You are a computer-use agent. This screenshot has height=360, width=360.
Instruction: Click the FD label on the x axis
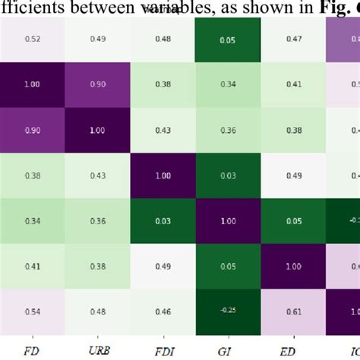point(32,352)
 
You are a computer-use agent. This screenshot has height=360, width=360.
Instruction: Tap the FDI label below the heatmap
point(162,352)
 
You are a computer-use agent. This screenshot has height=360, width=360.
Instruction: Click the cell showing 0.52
point(32,38)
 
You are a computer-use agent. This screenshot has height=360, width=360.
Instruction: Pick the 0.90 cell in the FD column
point(32,130)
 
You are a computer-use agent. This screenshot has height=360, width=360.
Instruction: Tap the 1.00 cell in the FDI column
point(162,175)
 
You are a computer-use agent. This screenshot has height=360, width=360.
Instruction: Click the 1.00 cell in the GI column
point(227,221)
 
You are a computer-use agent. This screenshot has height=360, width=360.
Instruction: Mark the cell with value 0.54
point(32,311)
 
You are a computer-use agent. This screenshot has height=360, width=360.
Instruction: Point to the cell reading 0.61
point(292,311)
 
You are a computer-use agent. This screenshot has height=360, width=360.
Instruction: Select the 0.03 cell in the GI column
point(227,175)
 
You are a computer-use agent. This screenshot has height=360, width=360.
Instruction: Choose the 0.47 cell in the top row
point(292,38)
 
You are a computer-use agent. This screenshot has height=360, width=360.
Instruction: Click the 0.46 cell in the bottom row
point(162,311)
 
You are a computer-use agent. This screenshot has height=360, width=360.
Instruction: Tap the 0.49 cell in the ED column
point(292,175)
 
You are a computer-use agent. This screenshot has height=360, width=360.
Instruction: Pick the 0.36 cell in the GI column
point(227,130)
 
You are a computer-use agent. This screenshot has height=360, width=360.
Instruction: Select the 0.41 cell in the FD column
point(32,267)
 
